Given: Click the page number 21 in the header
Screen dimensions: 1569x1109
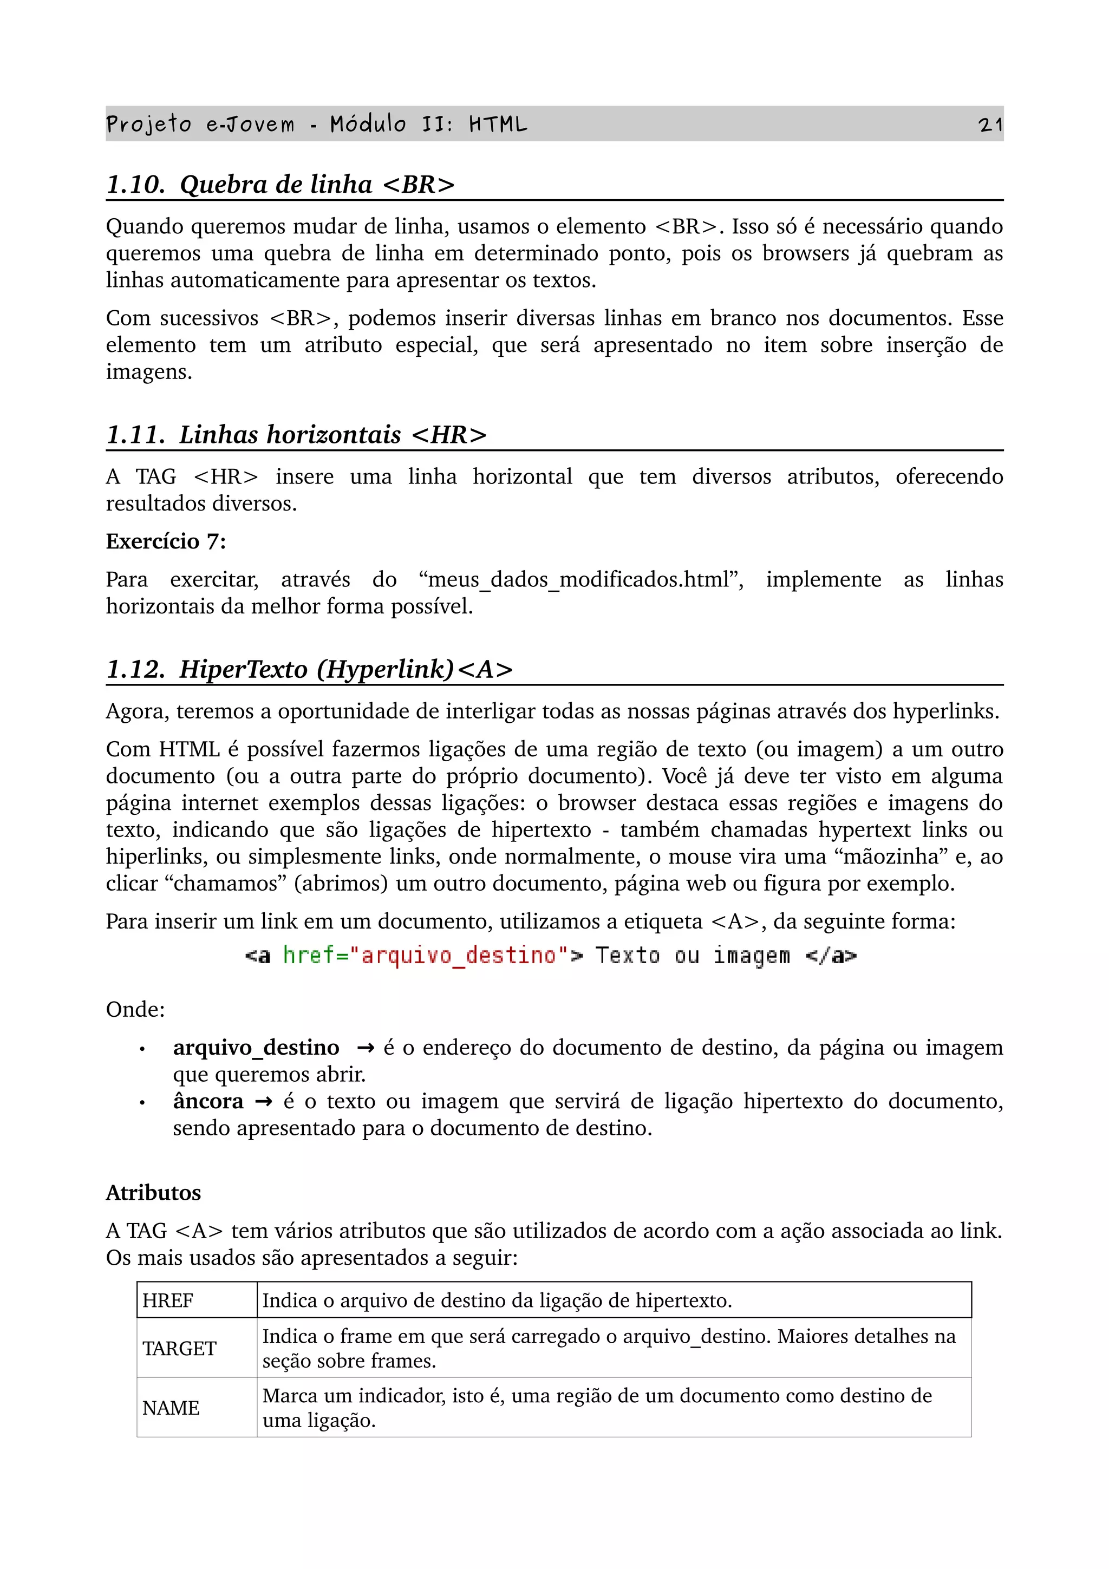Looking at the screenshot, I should pos(989,125).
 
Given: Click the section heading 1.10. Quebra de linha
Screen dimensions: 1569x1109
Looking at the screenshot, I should pos(280,185).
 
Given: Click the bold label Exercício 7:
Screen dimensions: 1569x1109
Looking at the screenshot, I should pos(165,541).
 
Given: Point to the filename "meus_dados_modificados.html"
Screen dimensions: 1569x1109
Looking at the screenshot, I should pos(581,579).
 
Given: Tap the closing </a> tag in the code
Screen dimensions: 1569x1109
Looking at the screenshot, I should pos(830,956).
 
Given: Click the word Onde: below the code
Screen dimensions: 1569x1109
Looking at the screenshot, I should pos(135,1009).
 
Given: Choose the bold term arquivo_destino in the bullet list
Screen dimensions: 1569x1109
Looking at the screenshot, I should pos(256,1048).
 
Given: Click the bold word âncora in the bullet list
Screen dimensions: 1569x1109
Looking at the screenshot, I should pos(208,1101).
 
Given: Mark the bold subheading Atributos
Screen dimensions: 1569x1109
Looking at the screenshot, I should pos(153,1193).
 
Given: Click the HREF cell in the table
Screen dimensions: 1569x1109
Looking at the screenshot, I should pos(168,1300).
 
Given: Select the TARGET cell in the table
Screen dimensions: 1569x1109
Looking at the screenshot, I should pos(179,1348).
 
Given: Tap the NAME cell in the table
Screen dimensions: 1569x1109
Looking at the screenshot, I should pos(171,1408).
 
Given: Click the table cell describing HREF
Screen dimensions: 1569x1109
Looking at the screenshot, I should pos(497,1300).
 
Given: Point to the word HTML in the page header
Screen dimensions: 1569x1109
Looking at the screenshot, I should pos(498,125).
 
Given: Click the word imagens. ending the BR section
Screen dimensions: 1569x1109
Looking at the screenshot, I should pos(148,372).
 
